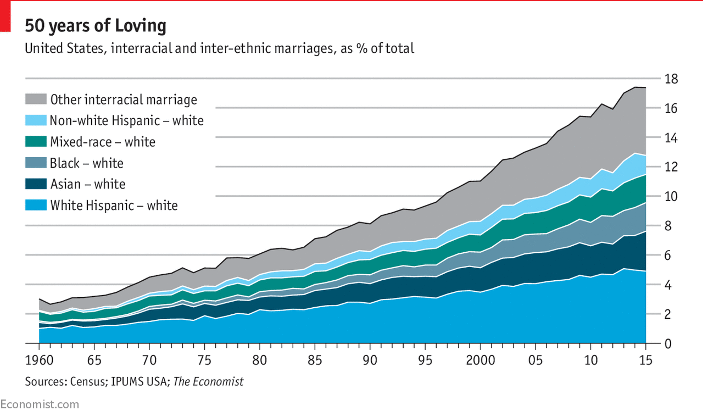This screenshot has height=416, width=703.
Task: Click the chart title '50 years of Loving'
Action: pyautogui.click(x=95, y=26)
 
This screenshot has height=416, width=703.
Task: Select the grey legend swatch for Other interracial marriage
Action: pyautogui.click(x=36, y=99)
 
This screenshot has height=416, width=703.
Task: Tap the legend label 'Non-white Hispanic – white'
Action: pyautogui.click(x=126, y=121)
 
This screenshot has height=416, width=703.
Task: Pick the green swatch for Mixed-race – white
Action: pyautogui.click(x=36, y=142)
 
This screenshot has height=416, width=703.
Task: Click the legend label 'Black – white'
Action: pyautogui.click(x=87, y=163)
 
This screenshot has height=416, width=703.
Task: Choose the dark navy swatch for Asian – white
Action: pyautogui.click(x=36, y=184)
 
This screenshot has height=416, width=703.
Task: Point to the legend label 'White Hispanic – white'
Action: pyautogui.click(x=114, y=206)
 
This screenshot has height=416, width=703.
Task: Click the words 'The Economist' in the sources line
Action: pyautogui.click(x=208, y=381)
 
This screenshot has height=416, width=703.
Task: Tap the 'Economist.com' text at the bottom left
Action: pyautogui.click(x=40, y=405)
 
